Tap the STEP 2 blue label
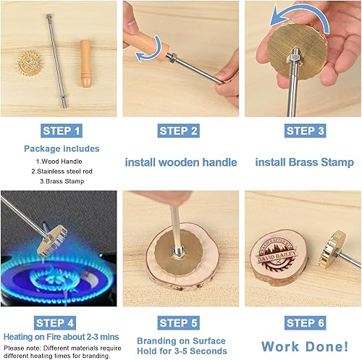[x=180, y=131]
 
